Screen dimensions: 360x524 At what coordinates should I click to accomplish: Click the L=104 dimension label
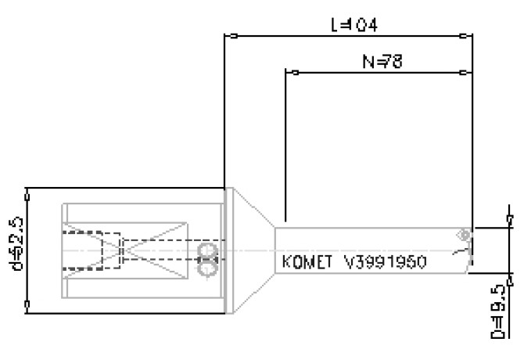(x=354, y=25)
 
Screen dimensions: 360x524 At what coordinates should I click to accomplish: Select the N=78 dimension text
(x=382, y=61)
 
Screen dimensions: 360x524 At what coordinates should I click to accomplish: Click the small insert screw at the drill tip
(x=465, y=234)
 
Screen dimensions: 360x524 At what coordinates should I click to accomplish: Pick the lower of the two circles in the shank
(x=207, y=268)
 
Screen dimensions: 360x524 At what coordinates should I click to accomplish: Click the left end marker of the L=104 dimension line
(x=228, y=36)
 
